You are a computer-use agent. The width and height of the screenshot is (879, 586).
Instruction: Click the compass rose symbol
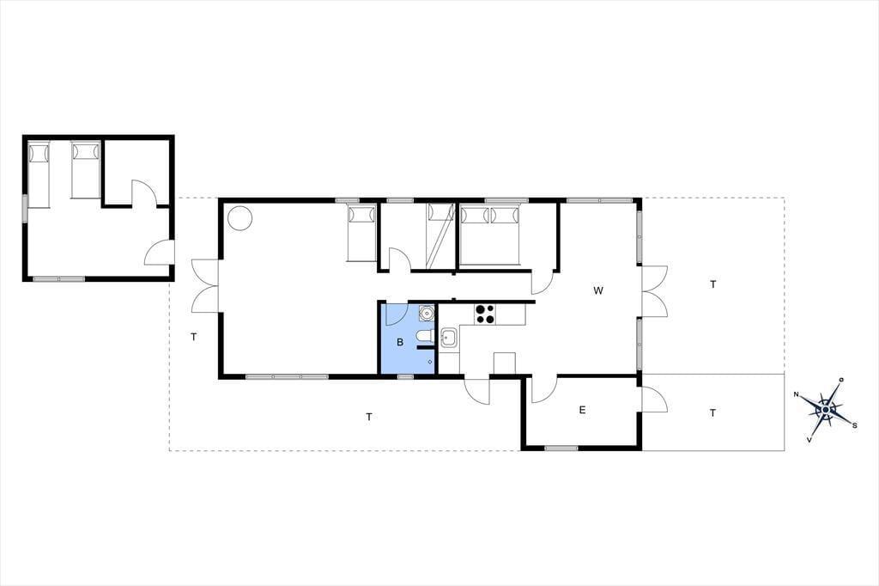[826, 410]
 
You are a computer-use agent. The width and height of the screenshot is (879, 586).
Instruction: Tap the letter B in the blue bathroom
[400, 342]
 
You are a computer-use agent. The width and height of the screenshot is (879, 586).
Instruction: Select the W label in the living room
[598, 290]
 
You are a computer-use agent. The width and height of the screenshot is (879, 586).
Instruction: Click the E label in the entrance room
[582, 410]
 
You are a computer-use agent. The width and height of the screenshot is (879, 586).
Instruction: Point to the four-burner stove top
[485, 314]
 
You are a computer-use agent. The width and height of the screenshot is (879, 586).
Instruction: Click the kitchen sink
[448, 338]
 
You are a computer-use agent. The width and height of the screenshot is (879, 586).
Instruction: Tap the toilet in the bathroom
[425, 336]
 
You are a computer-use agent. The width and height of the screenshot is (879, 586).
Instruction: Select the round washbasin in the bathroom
[427, 312]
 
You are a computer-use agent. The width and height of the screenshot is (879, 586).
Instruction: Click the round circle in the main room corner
[239, 217]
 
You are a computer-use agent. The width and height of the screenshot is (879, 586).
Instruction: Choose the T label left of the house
[193, 337]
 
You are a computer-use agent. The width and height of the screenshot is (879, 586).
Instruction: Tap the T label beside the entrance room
[712, 413]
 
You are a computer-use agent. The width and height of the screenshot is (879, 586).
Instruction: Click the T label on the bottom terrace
[369, 417]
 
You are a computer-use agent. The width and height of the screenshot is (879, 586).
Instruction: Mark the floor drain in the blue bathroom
[430, 362]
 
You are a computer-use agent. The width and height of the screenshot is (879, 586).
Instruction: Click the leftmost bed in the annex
[39, 175]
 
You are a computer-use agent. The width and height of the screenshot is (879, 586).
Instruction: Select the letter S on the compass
[854, 425]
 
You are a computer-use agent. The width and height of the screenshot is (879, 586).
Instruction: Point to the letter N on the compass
[796, 394]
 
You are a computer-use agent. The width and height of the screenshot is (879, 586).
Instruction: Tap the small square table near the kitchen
[505, 363]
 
